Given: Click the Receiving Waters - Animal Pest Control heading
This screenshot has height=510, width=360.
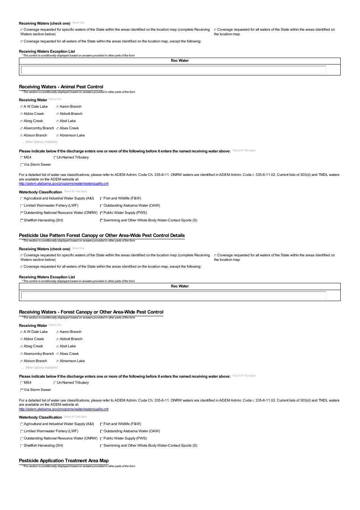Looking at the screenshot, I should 61,87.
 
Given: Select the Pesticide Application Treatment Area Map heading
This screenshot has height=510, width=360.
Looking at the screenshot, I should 64,461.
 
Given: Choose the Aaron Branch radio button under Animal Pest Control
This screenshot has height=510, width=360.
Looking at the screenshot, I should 58,107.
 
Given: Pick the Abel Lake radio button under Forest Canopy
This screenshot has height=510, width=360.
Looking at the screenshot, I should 58,347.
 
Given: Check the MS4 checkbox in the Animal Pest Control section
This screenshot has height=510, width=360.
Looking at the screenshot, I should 22,158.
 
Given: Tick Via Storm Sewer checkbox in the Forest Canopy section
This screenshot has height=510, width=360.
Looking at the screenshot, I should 22,390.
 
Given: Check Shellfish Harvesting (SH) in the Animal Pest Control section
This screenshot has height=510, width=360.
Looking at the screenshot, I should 22,221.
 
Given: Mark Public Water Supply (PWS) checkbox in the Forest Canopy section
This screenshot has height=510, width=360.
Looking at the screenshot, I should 102,439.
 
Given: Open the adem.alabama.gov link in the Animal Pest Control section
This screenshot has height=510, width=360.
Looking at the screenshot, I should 64,184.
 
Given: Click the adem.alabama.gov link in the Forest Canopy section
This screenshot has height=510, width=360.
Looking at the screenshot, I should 64,409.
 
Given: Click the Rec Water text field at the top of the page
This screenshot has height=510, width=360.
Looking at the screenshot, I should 174,70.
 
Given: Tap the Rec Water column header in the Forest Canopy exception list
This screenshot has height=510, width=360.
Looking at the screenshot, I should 180,286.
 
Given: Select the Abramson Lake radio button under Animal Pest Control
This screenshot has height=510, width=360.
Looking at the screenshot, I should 58,136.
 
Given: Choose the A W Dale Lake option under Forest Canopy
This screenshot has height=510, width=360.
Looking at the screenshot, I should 22,332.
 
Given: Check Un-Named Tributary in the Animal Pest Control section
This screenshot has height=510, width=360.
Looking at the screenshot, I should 55,158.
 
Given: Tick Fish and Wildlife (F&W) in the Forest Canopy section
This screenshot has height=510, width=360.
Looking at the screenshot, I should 102,424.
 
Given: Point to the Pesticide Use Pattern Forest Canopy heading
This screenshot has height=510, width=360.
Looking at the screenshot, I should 102,235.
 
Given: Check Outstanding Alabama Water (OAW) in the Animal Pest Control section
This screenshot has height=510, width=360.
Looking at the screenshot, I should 102,206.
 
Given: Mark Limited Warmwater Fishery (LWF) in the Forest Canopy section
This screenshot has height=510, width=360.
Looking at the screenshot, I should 22,432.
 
